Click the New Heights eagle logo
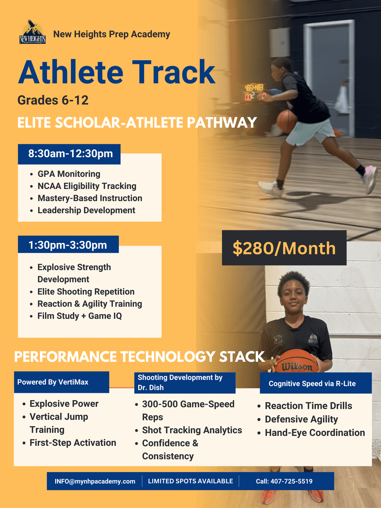(x=33, y=32)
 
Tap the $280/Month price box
(x=284, y=248)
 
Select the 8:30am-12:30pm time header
(x=69, y=154)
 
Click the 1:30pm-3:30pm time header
(x=68, y=245)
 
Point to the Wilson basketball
(x=297, y=361)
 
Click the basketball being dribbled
(x=287, y=121)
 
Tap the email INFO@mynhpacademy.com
(x=95, y=481)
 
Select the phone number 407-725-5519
(x=291, y=481)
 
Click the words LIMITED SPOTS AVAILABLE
(x=190, y=481)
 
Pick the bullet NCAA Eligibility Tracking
(x=87, y=186)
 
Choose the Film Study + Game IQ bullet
(x=80, y=316)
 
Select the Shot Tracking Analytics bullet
(x=192, y=430)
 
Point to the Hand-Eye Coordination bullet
(x=315, y=433)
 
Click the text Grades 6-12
(x=53, y=100)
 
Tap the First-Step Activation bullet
(x=73, y=443)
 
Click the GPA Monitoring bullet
(x=69, y=174)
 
